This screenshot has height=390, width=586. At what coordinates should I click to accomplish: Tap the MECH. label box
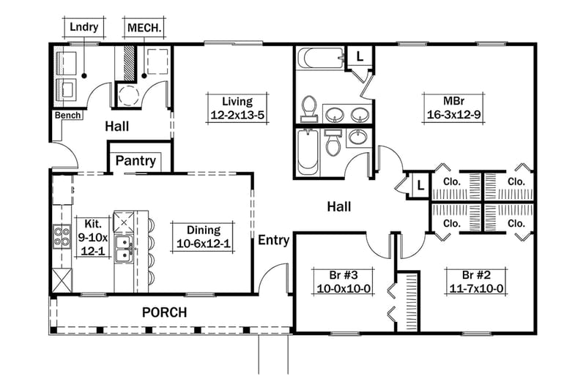click(144, 28)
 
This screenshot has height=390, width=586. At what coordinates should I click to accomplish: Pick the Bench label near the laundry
click(67, 116)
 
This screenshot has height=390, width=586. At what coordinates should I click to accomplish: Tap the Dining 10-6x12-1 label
click(203, 236)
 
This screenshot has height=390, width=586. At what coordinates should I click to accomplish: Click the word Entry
click(273, 239)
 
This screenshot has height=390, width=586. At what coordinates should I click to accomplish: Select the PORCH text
click(164, 312)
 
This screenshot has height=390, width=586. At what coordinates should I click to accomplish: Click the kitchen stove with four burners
click(61, 236)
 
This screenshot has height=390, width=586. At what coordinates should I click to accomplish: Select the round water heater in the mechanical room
click(128, 95)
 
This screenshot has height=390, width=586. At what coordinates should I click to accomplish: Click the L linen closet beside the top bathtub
click(360, 56)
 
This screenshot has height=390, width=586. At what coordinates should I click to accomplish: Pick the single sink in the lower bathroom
click(358, 138)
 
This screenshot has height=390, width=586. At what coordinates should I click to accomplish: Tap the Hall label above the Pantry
click(116, 127)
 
